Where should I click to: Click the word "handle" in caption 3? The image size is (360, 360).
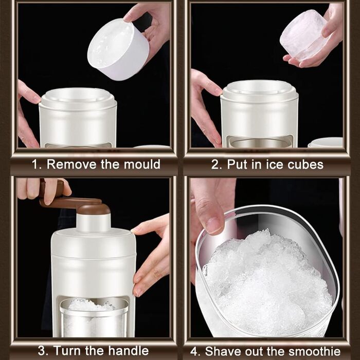tap(129, 351)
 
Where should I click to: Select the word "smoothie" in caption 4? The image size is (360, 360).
tap(315, 351)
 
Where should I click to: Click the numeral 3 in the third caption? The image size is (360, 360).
tap(42, 351)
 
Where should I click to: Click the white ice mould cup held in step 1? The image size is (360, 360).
tap(118, 49)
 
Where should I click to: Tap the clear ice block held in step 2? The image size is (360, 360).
tap(303, 35)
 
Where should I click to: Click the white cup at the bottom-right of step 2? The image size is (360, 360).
tap(325, 142)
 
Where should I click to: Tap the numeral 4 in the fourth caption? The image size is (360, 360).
tap(194, 351)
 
